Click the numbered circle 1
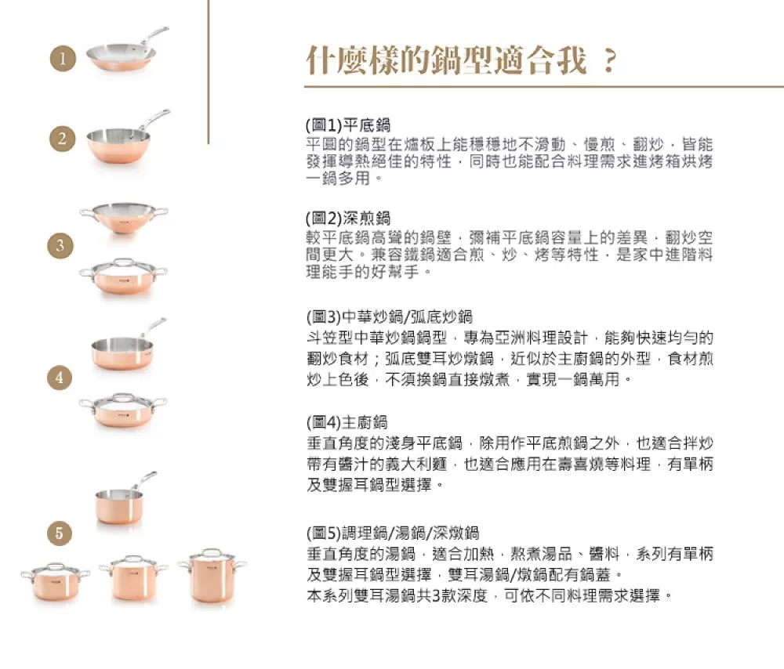[63, 58]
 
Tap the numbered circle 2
[63, 139]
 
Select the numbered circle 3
[60, 245]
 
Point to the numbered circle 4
[60, 377]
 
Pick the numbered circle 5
[60, 533]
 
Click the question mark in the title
[609, 61]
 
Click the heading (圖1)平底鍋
[348, 125]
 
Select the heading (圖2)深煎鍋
[348, 218]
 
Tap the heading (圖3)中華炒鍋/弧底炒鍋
[390, 316]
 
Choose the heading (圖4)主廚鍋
[347, 423]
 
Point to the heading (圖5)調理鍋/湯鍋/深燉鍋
[393, 533]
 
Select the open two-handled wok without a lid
[124, 218]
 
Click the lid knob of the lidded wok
[123, 261]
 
